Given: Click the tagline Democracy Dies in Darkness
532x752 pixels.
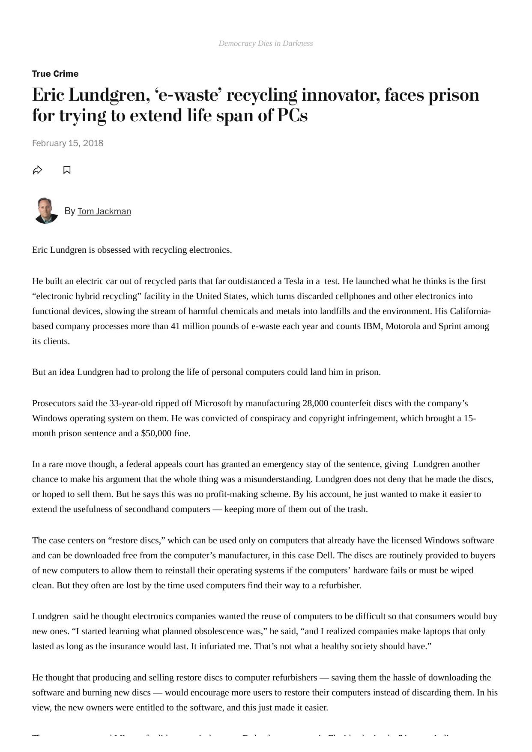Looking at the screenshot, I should click(x=266, y=43).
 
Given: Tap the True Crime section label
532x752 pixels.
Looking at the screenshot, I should click(x=55, y=74).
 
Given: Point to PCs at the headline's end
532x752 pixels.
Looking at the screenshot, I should click(x=293, y=115).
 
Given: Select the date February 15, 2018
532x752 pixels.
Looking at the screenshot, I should click(x=68, y=143).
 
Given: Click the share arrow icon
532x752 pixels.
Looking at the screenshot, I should click(x=38, y=170).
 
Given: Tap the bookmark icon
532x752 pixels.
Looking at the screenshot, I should click(x=67, y=170).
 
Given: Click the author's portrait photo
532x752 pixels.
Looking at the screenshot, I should click(x=46, y=210).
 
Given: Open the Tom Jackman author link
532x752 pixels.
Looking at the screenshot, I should click(x=104, y=211).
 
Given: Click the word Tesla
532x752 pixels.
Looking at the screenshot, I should click(x=294, y=281).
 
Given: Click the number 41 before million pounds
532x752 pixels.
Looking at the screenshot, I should click(x=175, y=326).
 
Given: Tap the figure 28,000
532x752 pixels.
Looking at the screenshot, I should click(x=315, y=403).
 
